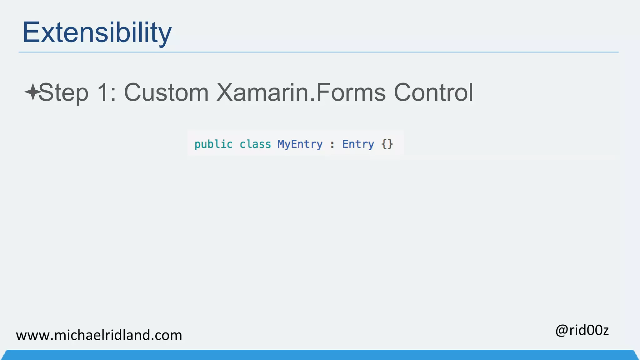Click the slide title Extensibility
(x=97, y=32)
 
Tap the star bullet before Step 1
(x=32, y=92)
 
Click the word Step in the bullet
(x=63, y=93)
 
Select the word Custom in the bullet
(x=166, y=92)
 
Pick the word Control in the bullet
(x=433, y=92)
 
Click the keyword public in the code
(x=213, y=144)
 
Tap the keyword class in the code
(x=255, y=144)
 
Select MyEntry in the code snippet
(x=300, y=144)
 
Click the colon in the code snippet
(x=332, y=145)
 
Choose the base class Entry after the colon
(x=358, y=144)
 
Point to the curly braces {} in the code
(x=387, y=144)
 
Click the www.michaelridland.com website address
(x=99, y=335)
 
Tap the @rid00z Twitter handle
(x=582, y=330)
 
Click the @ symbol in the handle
(x=562, y=331)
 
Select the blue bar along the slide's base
(x=320, y=355)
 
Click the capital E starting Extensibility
(x=30, y=32)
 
